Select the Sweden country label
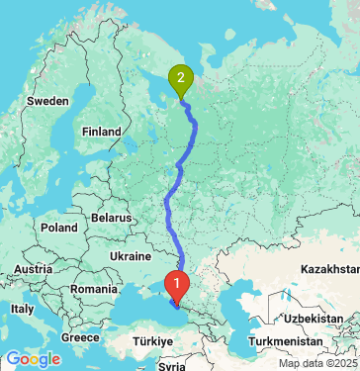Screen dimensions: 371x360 coord(47,101)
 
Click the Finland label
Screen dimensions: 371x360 coord(101,131)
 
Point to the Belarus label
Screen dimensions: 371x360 coord(110,217)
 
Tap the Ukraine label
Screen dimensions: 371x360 coord(130,254)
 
